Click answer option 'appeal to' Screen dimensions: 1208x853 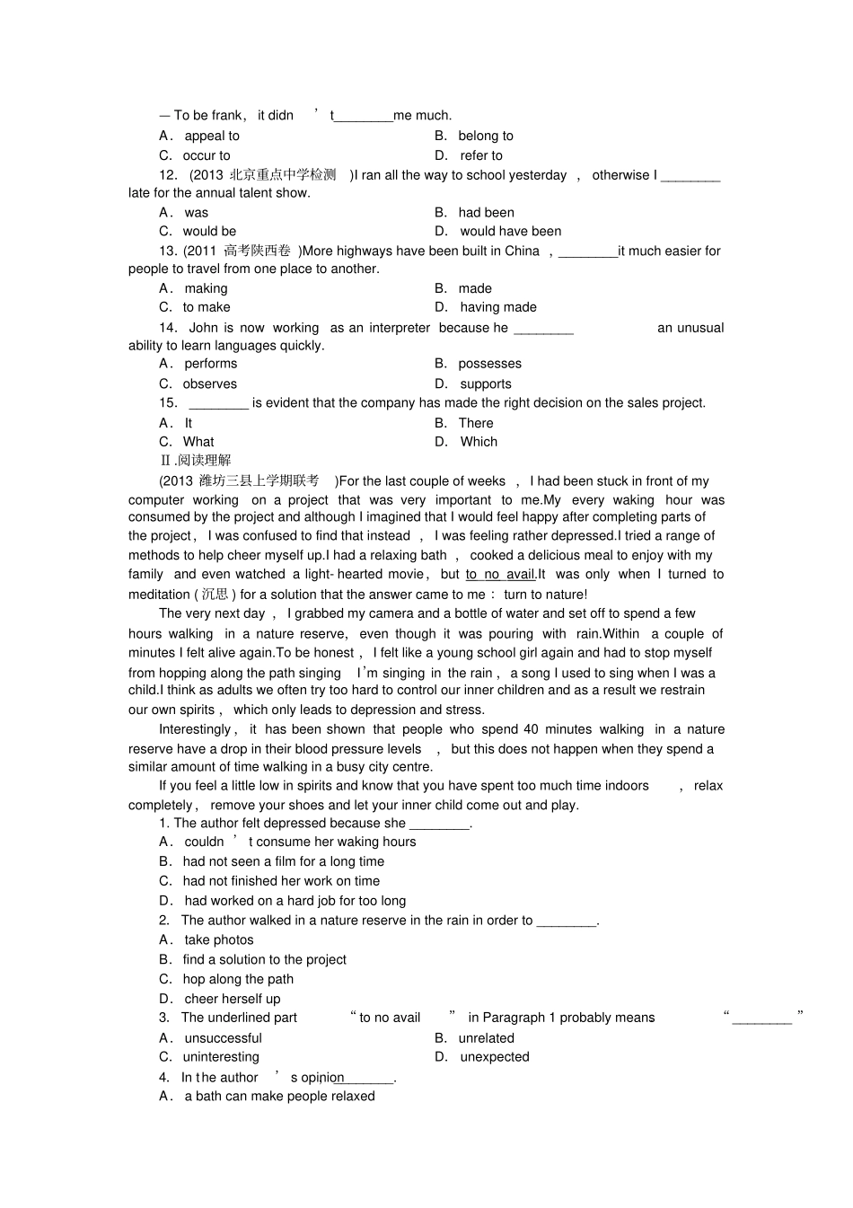point(211,136)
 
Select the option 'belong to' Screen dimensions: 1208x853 point(485,136)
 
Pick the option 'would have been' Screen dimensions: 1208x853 point(510,231)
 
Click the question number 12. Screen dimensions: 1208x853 point(168,175)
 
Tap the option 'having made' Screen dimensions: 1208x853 point(497,307)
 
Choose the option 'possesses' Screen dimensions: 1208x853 point(489,364)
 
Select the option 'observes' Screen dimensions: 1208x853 point(209,384)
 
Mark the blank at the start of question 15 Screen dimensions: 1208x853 point(218,403)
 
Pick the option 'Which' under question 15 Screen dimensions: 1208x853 point(479,442)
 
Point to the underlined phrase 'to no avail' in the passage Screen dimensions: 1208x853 point(499,575)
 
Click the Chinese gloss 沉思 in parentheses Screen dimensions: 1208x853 point(215,595)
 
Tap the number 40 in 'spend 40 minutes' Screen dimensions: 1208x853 point(531,729)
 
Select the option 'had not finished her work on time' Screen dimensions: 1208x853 point(281,881)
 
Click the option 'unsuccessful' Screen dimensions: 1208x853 point(223,1038)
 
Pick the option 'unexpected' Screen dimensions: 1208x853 point(494,1057)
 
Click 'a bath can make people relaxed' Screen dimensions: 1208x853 point(279,1096)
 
